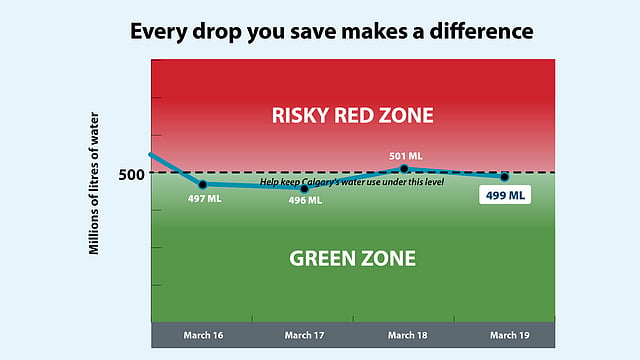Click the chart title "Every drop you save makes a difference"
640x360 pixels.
pos(331,31)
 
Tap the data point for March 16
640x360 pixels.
pos(203,185)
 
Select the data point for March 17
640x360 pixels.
pos(304,189)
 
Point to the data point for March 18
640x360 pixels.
pos(404,169)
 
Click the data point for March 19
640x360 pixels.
pos(504,177)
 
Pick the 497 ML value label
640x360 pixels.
pos(204,199)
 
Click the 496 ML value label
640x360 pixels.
pos(305,200)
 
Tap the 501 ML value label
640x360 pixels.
pos(406,156)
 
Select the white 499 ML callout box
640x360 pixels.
pos(505,195)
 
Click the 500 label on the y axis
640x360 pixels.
pos(131,175)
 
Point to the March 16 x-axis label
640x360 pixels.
pos(203,335)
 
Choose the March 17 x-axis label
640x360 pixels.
pos(304,335)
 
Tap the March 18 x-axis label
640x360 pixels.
pos(408,335)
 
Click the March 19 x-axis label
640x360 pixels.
pos(510,335)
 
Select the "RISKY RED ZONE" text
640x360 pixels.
pos(353,116)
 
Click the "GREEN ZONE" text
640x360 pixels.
pos(353,258)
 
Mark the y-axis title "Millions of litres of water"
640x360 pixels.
pos(94,183)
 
